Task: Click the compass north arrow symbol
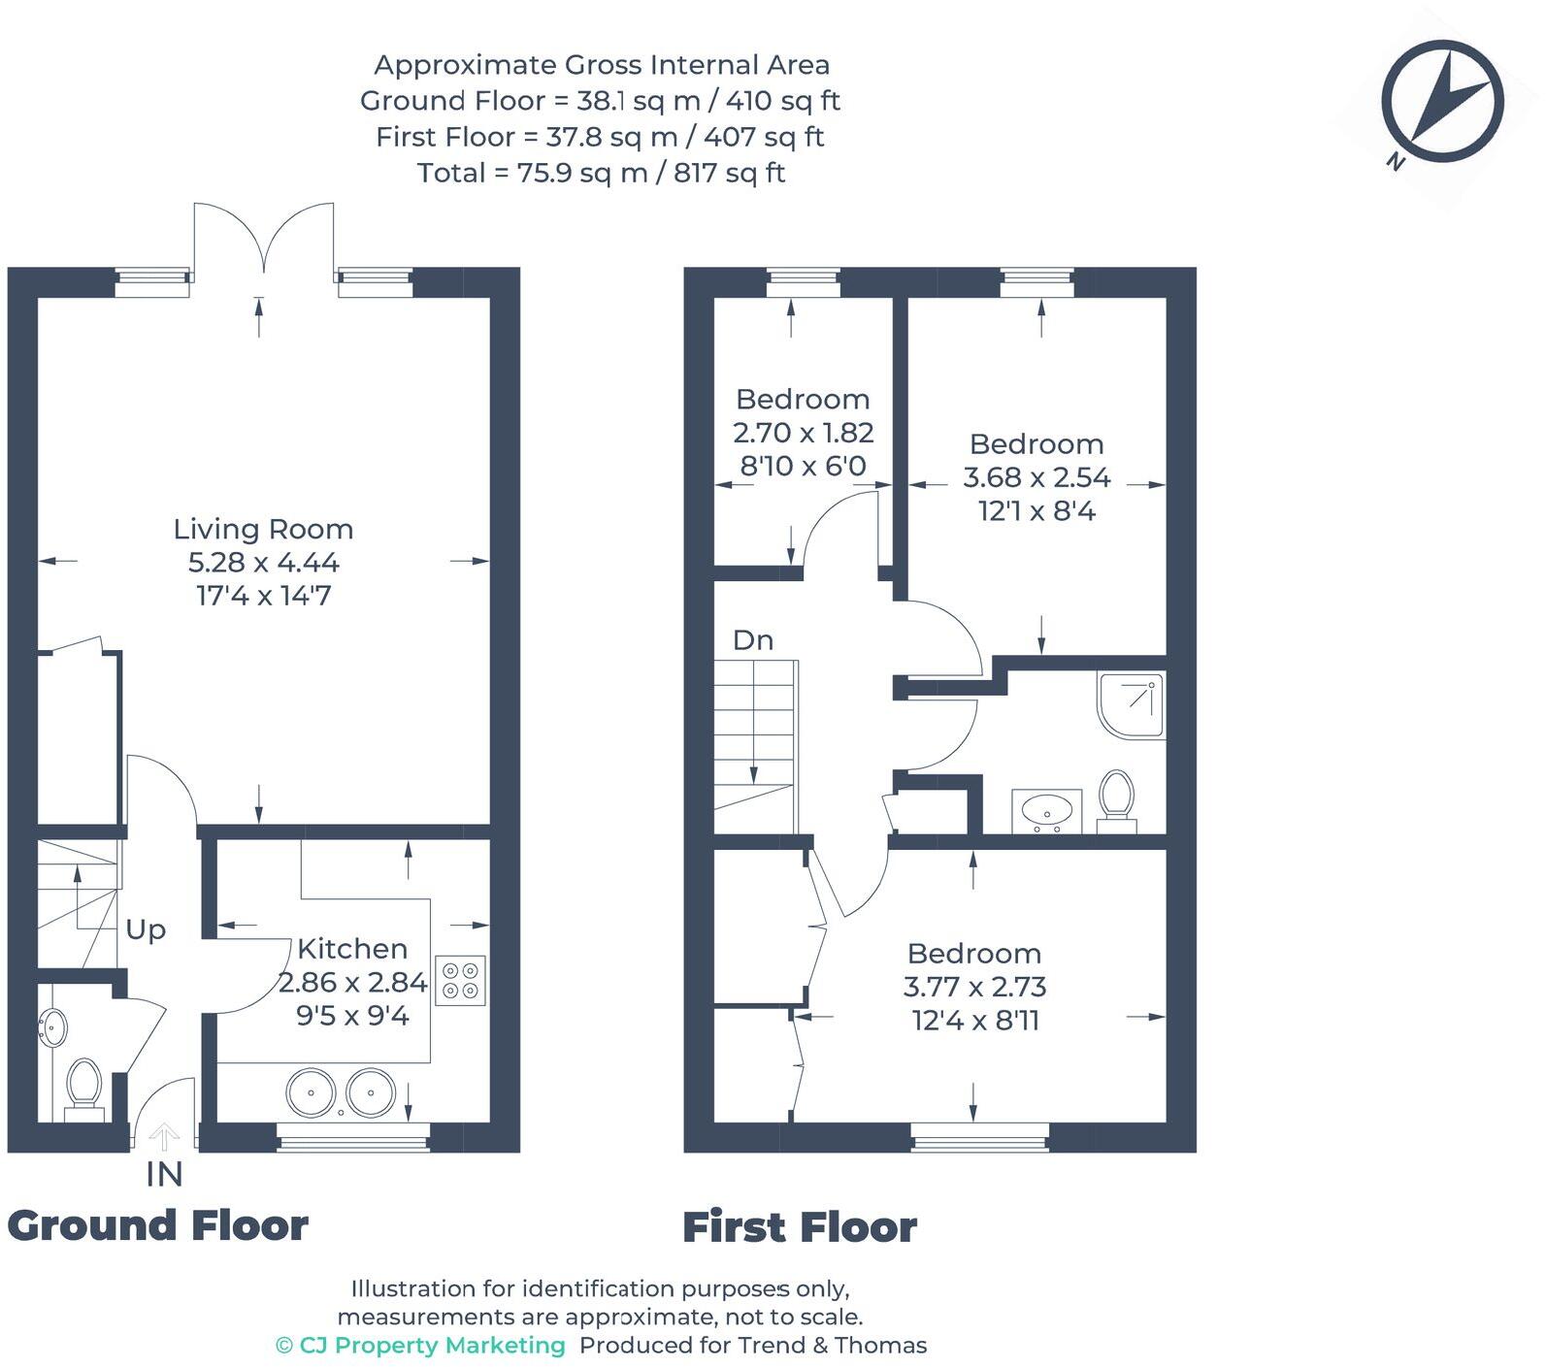point(1442,103)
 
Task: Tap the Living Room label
point(263,529)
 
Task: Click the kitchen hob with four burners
point(460,980)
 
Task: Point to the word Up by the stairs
point(146,929)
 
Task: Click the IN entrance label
point(164,1174)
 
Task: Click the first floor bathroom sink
point(1046,810)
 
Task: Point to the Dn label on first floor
point(753,640)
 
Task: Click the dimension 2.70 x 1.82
point(804,433)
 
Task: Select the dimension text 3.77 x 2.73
point(974,987)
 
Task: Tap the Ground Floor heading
point(158,1226)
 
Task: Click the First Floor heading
point(800,1227)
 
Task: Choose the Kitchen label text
point(352,948)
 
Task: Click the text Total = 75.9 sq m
point(601,173)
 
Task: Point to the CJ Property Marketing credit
point(420,1345)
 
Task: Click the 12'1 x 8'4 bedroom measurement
point(1036,510)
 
